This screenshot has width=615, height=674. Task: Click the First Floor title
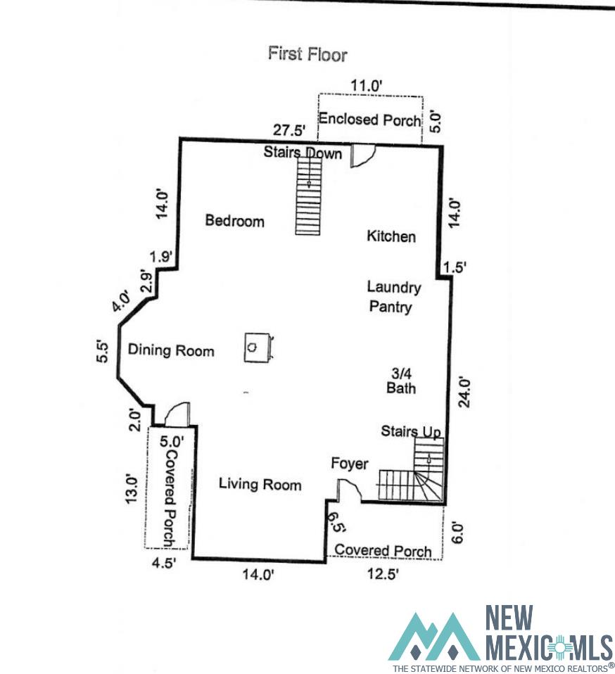tap(307, 54)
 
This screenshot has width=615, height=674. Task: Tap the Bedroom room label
tap(234, 220)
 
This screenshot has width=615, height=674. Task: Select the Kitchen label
tap(391, 236)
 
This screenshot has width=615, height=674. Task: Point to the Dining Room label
tap(171, 350)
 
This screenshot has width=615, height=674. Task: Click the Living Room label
tap(260, 484)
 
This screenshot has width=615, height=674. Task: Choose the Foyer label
tap(350, 464)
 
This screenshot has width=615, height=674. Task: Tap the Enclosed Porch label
tap(369, 119)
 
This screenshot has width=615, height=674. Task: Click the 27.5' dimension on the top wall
tap(289, 130)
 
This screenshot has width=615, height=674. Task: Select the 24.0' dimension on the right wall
tap(464, 392)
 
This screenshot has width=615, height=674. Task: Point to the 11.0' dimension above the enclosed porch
tap(366, 86)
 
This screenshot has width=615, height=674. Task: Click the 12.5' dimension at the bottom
tap(383, 573)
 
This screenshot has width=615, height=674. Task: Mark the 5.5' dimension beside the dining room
tap(103, 352)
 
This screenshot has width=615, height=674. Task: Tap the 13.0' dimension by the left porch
tap(131, 490)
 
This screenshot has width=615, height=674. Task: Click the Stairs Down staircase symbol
tap(309, 196)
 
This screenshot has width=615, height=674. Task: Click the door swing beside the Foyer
tap(349, 490)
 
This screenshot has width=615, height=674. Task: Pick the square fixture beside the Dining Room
tap(258, 347)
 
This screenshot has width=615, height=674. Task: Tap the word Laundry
tap(393, 288)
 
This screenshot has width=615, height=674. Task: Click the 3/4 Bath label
tap(401, 381)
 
